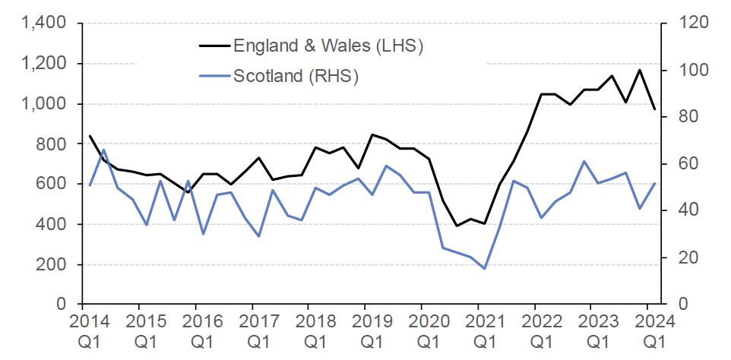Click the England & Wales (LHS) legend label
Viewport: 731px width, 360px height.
pos(328,46)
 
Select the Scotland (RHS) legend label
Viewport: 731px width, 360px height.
pos(296,76)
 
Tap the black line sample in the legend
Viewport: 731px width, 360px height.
pos(214,46)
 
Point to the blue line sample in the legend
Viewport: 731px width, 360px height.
pos(214,76)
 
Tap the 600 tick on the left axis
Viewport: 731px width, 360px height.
pos(55,184)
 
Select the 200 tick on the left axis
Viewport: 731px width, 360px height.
pos(55,264)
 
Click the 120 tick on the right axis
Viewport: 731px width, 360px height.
pos(683,24)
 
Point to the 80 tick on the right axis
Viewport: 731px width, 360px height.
pos(679,117)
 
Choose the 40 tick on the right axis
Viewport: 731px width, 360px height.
pos(679,210)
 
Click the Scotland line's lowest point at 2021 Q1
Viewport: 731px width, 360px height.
pos(484,268)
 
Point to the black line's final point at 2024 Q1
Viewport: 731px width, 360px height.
pos(654,109)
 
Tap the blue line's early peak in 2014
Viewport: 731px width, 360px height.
pos(104,150)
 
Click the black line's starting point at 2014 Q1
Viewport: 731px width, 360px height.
pos(90,136)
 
